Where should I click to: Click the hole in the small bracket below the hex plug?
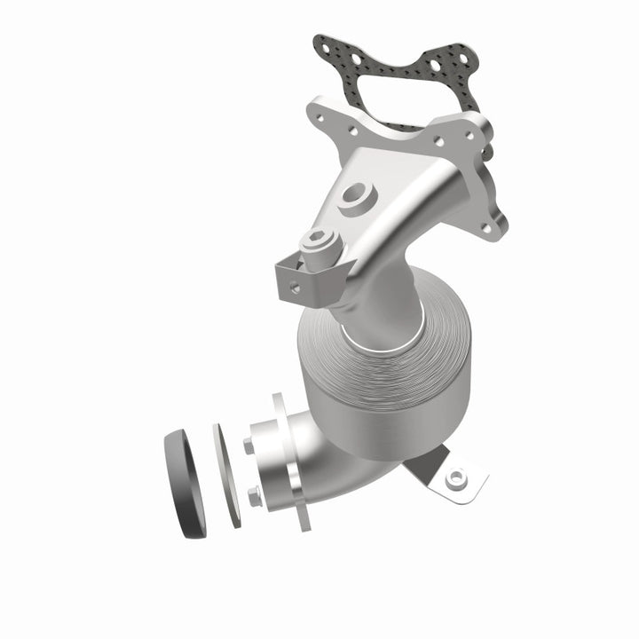294,286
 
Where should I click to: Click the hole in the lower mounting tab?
457,478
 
